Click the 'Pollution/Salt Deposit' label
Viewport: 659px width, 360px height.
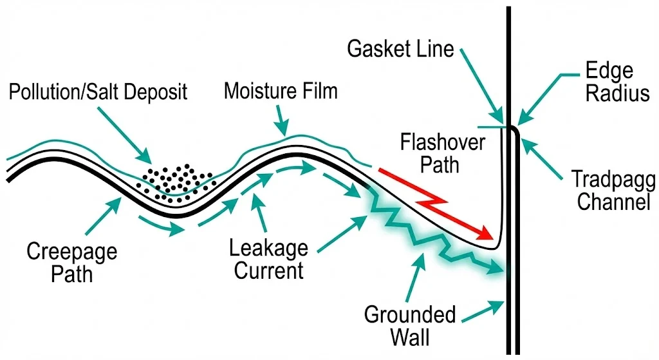click(98, 91)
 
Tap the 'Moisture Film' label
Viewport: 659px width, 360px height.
click(280, 91)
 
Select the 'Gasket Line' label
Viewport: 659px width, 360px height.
click(401, 50)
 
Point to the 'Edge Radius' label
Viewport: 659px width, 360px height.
click(609, 82)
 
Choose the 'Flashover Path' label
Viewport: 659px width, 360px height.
click(441, 153)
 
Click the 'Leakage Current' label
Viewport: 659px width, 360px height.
click(270, 258)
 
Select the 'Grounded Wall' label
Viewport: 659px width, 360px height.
click(410, 325)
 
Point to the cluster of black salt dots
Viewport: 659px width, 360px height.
click(178, 180)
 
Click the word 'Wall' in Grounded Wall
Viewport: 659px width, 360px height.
click(410, 337)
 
